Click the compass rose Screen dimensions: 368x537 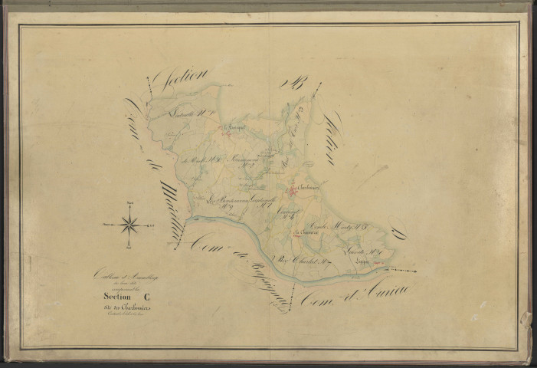129,225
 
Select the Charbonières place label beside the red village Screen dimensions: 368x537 306,185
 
